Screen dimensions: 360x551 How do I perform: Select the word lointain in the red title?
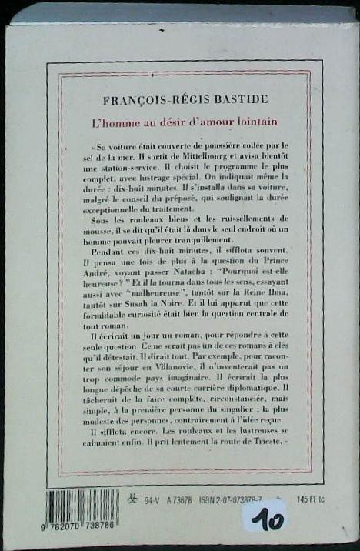(x=254, y=122)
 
